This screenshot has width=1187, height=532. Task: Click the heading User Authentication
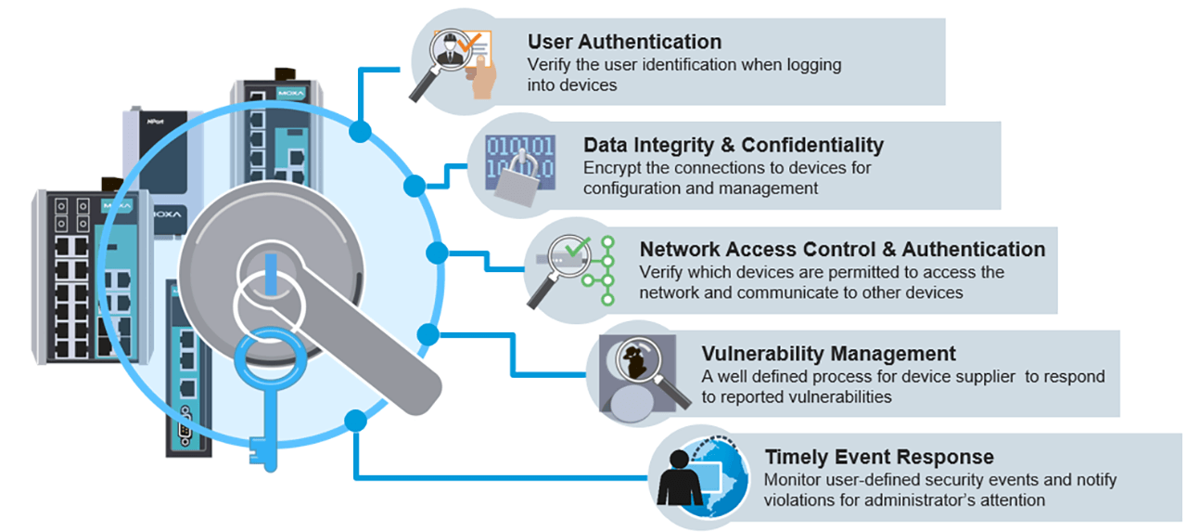pos(624,42)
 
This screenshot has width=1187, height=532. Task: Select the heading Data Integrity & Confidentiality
pos(733,145)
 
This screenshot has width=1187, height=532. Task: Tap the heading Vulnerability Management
pos(828,354)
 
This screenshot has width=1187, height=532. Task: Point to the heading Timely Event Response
pos(878,457)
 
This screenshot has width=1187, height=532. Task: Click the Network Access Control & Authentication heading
pos(842,249)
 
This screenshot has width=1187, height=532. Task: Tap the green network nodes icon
pos(606,269)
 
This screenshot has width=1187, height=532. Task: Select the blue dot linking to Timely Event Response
pos(355,421)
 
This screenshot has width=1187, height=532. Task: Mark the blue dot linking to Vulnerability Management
pos(428,333)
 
